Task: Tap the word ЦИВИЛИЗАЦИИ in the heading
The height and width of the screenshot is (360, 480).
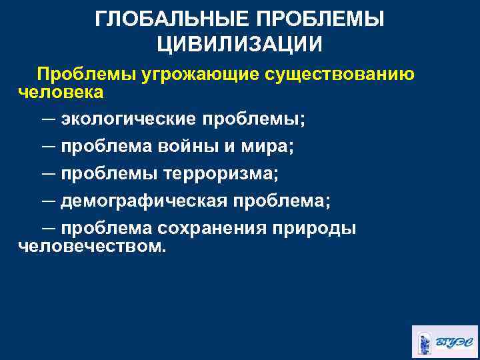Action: click(240, 44)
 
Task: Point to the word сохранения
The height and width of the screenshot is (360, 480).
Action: click(212, 228)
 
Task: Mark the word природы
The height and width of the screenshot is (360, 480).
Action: click(314, 228)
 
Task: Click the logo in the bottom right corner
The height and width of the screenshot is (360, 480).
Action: click(445, 342)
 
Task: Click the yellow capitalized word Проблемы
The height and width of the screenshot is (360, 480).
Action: click(83, 74)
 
